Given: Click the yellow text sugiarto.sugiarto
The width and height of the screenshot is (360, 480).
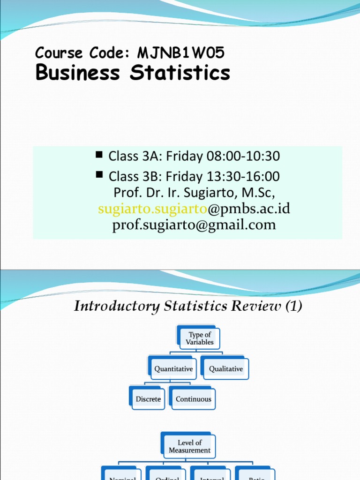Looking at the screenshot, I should click(152, 209).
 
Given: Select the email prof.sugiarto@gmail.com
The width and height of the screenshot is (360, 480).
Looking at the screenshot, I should click(194, 225).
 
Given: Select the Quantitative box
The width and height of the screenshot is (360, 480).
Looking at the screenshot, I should click(173, 369).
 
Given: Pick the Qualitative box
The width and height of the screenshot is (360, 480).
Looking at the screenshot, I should click(226, 369).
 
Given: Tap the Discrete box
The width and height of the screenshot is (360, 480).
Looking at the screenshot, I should click(148, 399).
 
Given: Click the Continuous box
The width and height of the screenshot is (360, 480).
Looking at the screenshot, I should click(193, 399).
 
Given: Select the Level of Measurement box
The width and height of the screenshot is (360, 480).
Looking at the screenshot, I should click(190, 446).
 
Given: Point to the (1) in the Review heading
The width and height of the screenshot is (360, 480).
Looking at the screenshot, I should click(292, 307).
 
